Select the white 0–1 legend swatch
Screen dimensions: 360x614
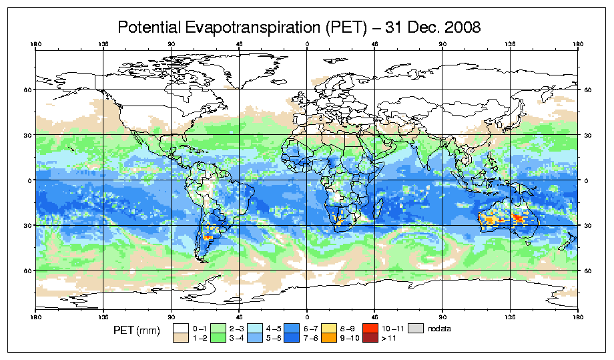[x=180, y=329]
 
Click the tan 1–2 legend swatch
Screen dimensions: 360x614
[x=180, y=338]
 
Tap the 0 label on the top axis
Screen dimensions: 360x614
[x=307, y=45]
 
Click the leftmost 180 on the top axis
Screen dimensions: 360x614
[x=35, y=45]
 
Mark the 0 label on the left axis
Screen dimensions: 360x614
[x=27, y=180]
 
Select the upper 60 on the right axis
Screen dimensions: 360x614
[x=587, y=89]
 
